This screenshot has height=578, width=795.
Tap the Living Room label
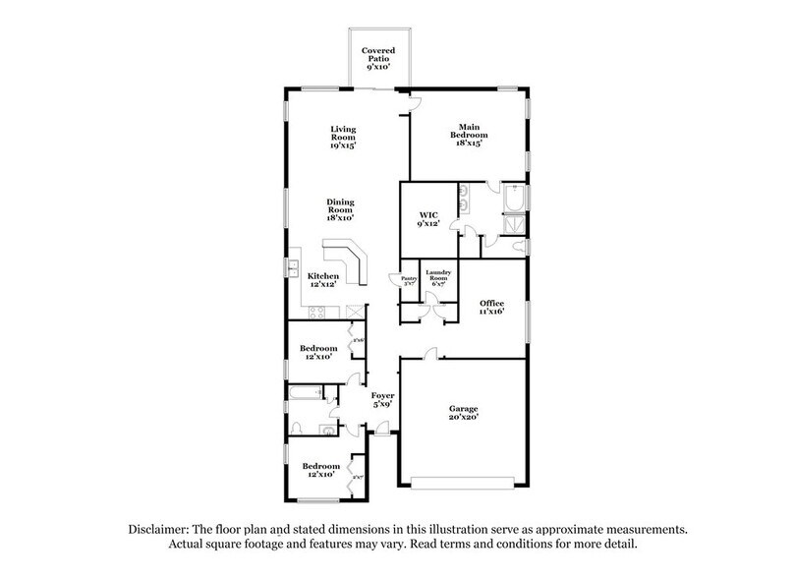[342, 137]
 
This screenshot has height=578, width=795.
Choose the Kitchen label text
[324, 280]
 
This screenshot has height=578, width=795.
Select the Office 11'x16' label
[491, 308]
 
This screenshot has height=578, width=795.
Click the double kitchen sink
[293, 268]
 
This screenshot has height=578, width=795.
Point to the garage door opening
[461, 484]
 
